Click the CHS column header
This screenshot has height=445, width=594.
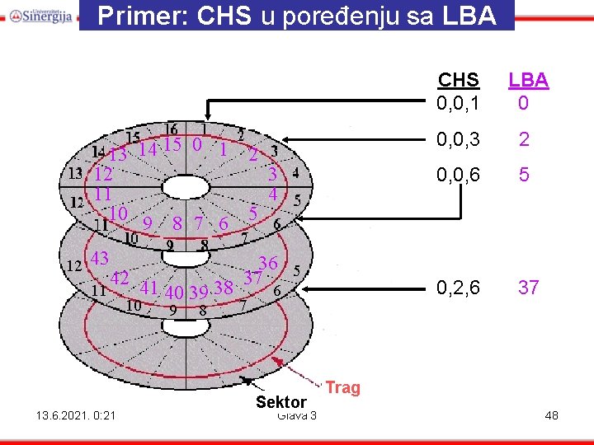(x=458, y=80)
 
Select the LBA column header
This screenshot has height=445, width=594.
(x=528, y=80)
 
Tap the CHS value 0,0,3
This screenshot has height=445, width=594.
(x=459, y=140)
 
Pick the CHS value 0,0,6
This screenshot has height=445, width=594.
(x=459, y=176)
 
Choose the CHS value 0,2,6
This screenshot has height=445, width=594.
(x=459, y=288)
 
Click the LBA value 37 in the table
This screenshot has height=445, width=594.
(x=528, y=288)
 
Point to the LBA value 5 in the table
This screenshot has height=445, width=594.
(x=523, y=176)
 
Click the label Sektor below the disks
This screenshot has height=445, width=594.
(x=280, y=402)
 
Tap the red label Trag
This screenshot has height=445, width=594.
(x=343, y=387)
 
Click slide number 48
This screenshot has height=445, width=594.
(x=551, y=415)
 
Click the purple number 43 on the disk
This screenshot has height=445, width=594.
(x=100, y=258)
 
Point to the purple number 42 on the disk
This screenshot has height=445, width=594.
(x=120, y=278)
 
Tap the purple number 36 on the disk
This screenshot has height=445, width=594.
(x=267, y=263)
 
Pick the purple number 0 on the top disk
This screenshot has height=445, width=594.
(x=196, y=144)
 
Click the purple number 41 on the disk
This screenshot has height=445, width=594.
(x=149, y=288)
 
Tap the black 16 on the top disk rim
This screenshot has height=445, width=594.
(x=172, y=129)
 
